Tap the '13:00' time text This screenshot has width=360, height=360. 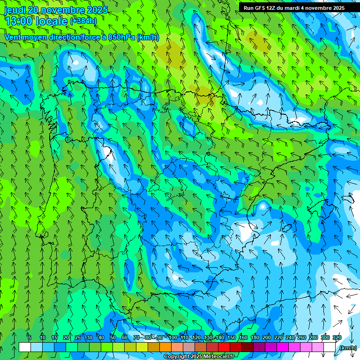(18, 21)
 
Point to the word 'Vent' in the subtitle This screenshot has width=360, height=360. (13, 37)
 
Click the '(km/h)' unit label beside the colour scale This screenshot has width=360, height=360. (348, 348)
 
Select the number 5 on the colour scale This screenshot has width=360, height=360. (30, 337)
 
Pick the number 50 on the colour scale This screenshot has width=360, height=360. (113, 337)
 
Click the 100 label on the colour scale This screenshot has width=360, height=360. (173, 337)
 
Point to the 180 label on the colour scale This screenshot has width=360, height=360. (255, 337)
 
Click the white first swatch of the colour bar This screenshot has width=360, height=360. (25, 347)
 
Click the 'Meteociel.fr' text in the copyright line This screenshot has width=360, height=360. (218, 357)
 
